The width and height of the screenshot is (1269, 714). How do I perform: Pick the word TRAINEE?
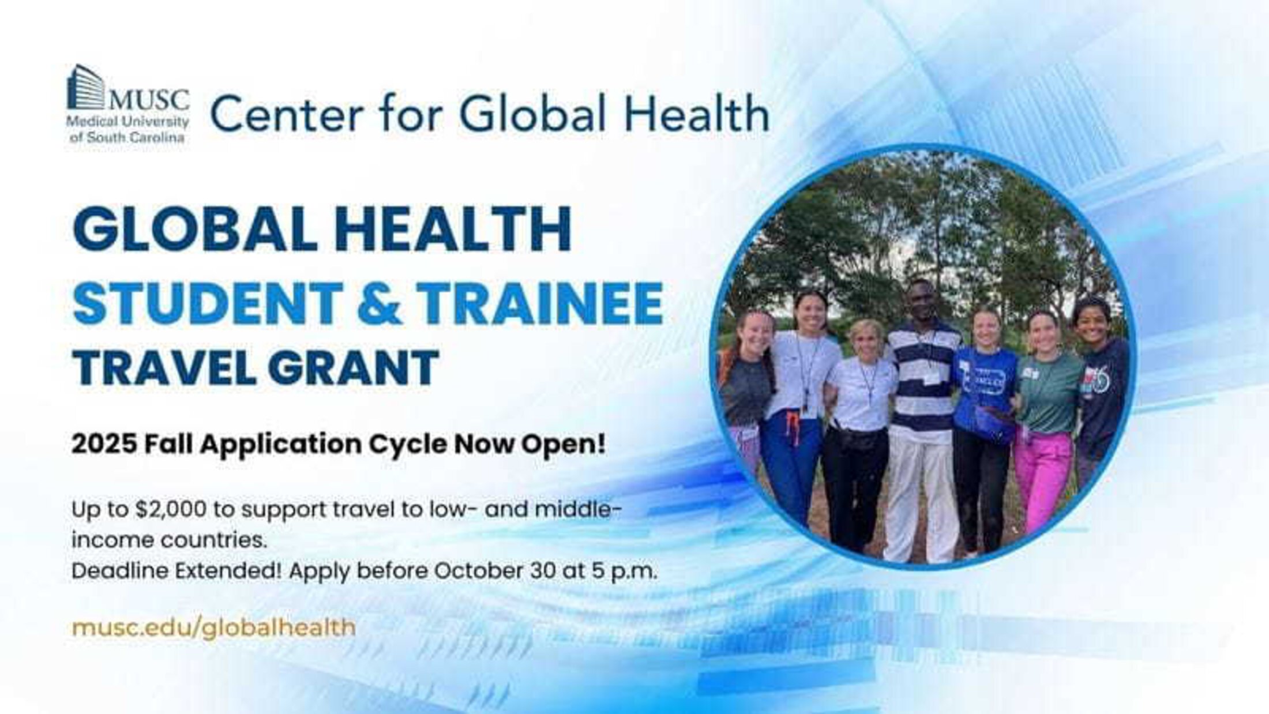point(539,302)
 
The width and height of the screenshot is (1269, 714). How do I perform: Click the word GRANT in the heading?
point(353,366)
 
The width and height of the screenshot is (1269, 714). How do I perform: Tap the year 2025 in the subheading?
point(104,444)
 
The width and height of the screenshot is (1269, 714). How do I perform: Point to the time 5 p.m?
point(624,572)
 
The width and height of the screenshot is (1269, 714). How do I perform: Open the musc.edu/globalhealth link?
point(213,627)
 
